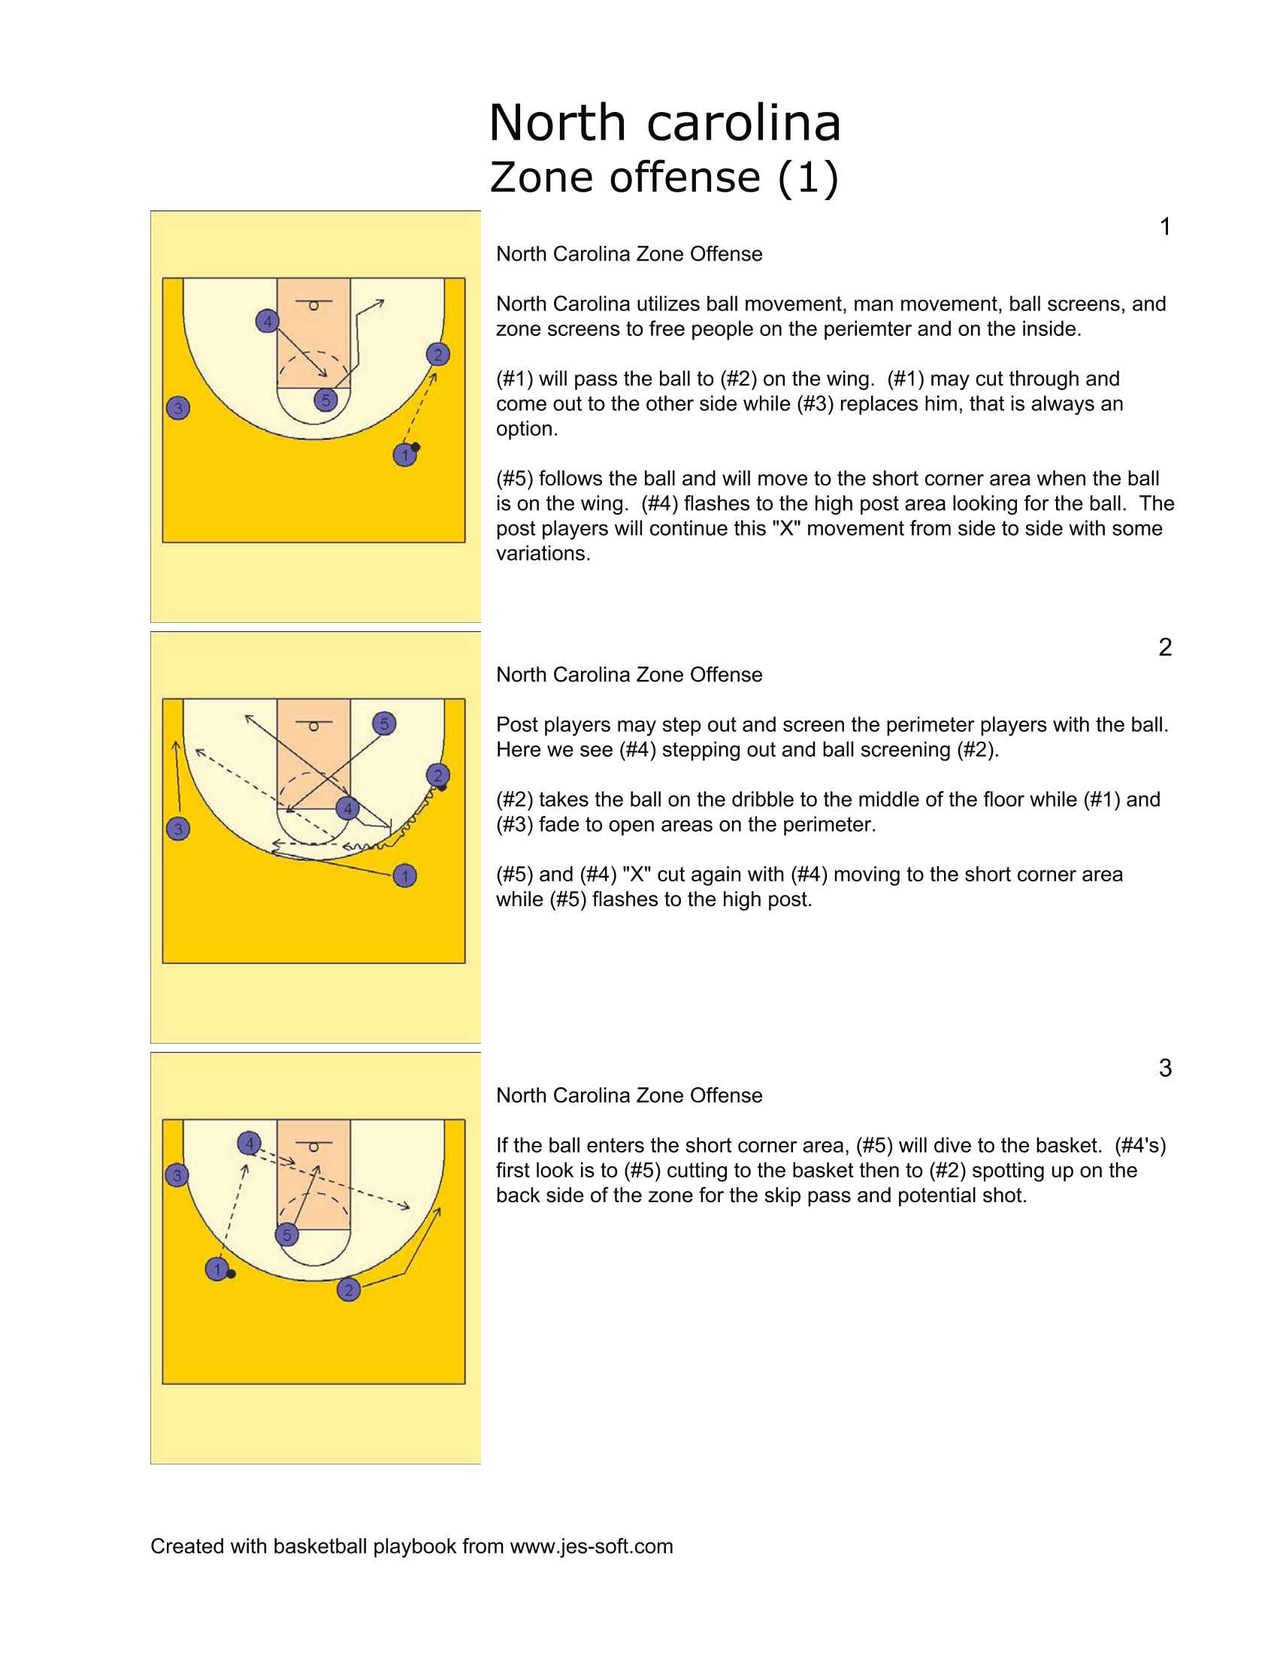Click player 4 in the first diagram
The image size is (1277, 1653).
point(268,321)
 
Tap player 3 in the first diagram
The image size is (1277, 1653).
point(178,408)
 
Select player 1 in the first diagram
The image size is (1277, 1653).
point(405,455)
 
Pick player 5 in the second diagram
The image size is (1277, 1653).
point(385,724)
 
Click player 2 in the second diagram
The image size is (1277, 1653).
point(437,775)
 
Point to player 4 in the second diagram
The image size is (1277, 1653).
point(347,808)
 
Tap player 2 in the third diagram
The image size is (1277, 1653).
point(348,1289)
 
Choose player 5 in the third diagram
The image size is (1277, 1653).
point(287,1235)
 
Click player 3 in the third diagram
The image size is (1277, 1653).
point(177,1175)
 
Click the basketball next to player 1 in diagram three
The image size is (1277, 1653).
point(231,1274)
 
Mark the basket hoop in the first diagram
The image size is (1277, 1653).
point(313,306)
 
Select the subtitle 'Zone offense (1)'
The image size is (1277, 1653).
point(664,178)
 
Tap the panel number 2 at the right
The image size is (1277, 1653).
point(1165,647)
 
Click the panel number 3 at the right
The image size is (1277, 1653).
point(1165,1068)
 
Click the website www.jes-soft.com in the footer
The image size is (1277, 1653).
point(592,1546)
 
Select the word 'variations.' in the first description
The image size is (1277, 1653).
point(543,553)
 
